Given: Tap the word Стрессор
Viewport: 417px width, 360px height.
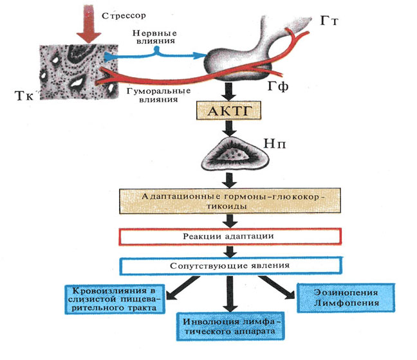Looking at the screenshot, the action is point(124,15).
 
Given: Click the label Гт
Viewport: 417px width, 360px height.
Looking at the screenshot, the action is point(329,21).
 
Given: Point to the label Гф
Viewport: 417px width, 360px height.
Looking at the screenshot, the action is point(278,86).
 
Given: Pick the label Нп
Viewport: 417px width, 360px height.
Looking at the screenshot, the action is point(275,144).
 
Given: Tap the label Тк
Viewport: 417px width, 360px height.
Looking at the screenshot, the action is point(24,96).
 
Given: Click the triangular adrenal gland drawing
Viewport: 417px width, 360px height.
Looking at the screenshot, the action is point(234,154).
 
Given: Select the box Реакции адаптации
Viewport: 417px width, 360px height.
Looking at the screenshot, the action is point(230,237).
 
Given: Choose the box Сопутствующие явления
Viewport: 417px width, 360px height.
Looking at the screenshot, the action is point(230,265).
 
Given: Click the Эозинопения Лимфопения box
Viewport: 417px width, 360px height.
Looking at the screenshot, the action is point(346,298).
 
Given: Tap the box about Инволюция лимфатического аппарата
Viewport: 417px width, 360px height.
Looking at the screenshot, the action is point(230,327).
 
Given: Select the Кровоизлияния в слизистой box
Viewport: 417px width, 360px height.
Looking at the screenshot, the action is point(115,300).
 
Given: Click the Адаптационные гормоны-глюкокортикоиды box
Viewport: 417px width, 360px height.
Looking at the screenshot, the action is point(230,201).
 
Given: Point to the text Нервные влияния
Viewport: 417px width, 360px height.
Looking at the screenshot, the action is point(155,37).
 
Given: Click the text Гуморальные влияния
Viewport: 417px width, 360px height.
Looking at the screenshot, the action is point(159,95).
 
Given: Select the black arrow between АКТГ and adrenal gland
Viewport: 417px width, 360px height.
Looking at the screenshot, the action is point(230,129).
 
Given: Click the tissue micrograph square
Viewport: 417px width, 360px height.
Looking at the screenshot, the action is point(79,72).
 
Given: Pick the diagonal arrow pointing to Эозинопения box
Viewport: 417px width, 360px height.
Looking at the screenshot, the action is point(277,287).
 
